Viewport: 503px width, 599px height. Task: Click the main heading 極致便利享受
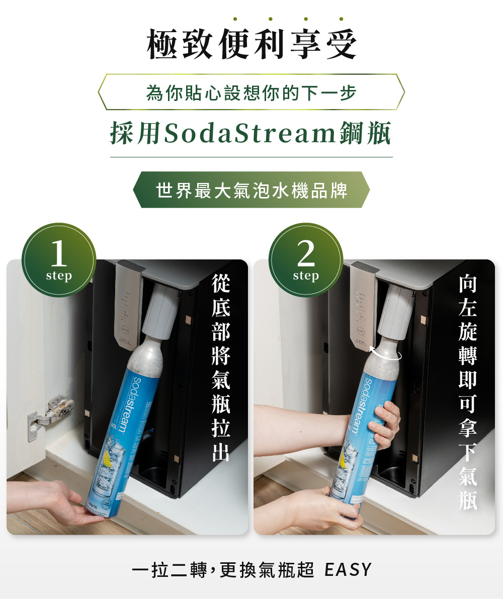coord(251,44)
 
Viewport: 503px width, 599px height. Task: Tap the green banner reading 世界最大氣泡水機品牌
coord(251,190)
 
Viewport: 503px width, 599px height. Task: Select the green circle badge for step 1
coord(59,260)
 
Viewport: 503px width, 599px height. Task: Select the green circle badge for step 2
coord(306,260)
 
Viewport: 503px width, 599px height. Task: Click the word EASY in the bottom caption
coord(348,570)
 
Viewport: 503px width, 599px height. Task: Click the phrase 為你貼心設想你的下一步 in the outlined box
coord(251,92)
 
